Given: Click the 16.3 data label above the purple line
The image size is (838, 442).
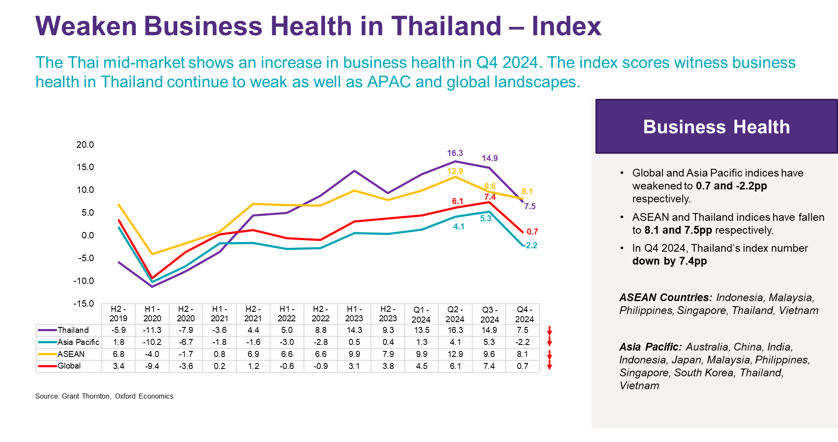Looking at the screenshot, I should [x=455, y=153].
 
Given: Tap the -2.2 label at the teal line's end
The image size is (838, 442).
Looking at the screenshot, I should [x=531, y=245].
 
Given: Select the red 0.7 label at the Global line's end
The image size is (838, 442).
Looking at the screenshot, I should [x=532, y=232].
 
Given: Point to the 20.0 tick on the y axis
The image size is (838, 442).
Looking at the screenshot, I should [x=85, y=145].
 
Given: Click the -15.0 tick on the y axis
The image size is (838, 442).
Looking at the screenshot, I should [x=84, y=304].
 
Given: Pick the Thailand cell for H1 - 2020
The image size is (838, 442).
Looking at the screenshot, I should [x=152, y=330].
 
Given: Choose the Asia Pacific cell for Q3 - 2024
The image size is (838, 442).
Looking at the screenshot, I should [x=489, y=342].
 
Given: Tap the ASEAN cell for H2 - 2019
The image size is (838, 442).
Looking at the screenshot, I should [x=118, y=354].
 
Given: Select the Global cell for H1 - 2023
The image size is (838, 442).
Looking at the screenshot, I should [x=354, y=366].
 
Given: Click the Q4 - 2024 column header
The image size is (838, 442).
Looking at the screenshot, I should [x=524, y=314].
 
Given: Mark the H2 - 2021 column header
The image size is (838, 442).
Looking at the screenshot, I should [x=253, y=314].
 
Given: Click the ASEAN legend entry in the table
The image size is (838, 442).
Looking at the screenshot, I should [x=71, y=354].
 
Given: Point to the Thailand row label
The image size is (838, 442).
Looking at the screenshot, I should [x=73, y=330].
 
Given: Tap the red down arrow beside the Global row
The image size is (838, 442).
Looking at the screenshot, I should [x=549, y=366].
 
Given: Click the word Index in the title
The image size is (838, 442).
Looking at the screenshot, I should [x=566, y=26].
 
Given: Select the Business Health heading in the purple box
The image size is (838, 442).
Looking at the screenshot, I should [x=716, y=127].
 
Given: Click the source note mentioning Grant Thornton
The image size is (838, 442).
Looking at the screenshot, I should [x=104, y=396].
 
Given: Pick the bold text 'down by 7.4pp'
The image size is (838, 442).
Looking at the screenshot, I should [x=669, y=261].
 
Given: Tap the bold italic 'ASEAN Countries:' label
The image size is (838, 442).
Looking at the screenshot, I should [x=665, y=297].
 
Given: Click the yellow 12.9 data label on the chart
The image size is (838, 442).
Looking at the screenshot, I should [x=455, y=171].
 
